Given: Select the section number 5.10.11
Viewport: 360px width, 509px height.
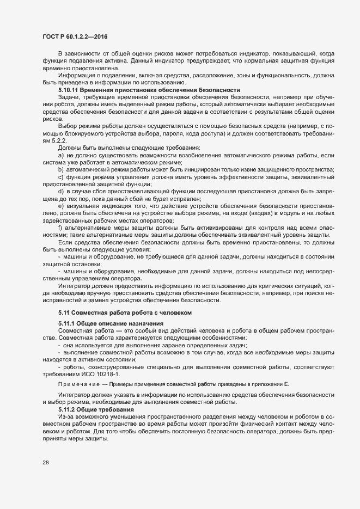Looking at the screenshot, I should pyautogui.click(x=68, y=89).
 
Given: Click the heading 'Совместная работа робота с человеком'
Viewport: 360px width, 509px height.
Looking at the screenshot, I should pyautogui.click(x=118, y=312).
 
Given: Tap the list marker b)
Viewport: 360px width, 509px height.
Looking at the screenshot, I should pyautogui.click(x=60, y=169).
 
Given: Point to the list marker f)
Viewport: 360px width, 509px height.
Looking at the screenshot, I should pyautogui.click(x=60, y=228).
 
